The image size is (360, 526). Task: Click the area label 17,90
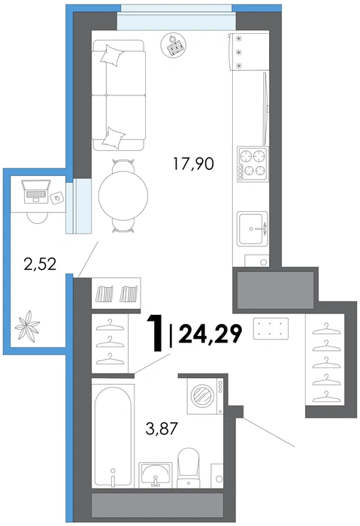point(193,165)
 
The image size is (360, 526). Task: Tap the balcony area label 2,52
point(40,264)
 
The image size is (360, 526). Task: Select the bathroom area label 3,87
point(162,428)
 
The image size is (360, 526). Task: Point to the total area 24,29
point(210,334)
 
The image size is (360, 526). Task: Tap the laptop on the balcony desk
point(36,192)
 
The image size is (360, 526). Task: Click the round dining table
point(123,195)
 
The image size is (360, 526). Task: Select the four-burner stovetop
point(253,165)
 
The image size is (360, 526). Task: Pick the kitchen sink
point(253,228)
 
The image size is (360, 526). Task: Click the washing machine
point(204,396)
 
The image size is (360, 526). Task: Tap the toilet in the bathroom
point(188,467)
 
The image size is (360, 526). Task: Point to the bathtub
point(113,436)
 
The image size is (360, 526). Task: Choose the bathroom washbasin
point(156,474)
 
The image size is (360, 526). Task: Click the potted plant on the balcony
point(27,325)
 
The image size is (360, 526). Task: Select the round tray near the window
point(174,46)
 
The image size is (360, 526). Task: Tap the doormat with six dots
point(271,328)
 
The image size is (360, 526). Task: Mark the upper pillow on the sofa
point(111,56)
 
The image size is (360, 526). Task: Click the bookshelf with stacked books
point(116,293)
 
